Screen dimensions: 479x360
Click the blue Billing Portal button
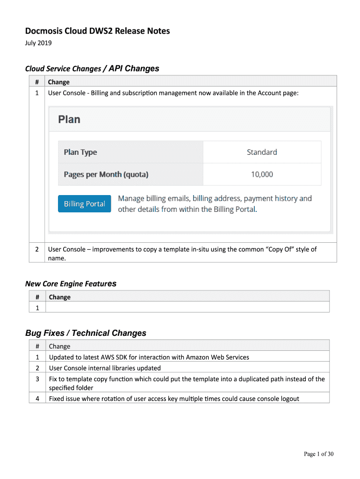point(85,204)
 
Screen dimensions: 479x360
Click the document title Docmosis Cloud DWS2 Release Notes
point(97,31)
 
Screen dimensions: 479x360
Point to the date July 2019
point(38,44)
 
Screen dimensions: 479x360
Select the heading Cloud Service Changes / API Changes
point(92,69)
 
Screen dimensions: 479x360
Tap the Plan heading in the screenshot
point(69,120)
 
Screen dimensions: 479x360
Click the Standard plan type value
point(262,152)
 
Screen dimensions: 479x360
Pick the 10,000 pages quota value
point(262,174)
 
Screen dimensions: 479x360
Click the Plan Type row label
point(80,152)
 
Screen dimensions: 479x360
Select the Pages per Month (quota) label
point(106,174)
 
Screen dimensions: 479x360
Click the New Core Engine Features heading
point(71,284)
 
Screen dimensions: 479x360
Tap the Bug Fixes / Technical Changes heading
point(86,333)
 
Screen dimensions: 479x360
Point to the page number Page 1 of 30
point(319,454)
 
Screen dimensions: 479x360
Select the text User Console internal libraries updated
point(105,368)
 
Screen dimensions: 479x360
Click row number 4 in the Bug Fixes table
point(37,399)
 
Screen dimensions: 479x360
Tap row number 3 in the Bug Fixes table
point(37,379)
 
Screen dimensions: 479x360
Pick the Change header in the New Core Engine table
point(59,297)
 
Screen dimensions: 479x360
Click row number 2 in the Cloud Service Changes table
point(37,249)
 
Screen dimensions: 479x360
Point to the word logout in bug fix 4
point(289,399)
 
